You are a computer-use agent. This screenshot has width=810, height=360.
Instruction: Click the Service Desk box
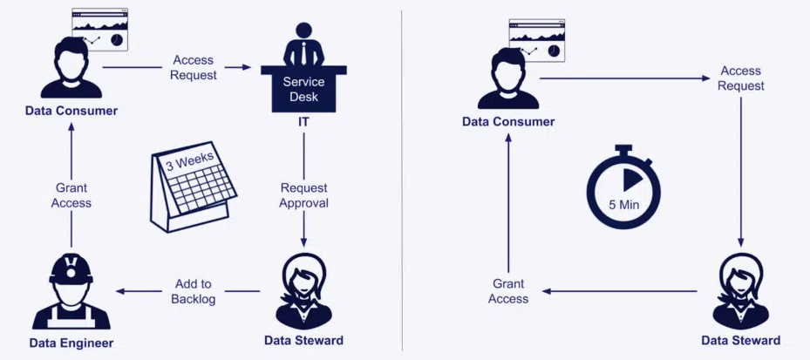pyautogui.click(x=303, y=90)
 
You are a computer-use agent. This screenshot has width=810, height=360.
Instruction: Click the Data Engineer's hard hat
pyautogui.click(x=71, y=268)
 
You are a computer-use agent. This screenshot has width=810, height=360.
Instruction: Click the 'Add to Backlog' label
pyautogui.click(x=194, y=292)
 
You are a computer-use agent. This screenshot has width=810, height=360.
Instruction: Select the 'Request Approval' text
pyautogui.click(x=303, y=196)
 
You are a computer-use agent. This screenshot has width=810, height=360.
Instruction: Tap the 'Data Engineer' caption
pyautogui.click(x=71, y=342)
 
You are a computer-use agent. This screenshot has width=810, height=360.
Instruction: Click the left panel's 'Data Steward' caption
pyautogui.click(x=303, y=340)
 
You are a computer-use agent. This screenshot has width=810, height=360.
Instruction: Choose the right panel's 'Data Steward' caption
pyautogui.click(x=740, y=340)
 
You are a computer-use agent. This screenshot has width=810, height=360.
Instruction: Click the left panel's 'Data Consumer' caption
pyautogui.click(x=71, y=111)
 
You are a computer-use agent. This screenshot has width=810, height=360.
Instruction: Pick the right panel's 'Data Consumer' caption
pyautogui.click(x=508, y=122)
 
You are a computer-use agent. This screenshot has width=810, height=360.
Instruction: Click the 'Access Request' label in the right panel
pyautogui.click(x=740, y=78)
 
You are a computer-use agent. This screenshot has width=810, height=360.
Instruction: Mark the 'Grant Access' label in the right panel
pyautogui.click(x=508, y=291)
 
